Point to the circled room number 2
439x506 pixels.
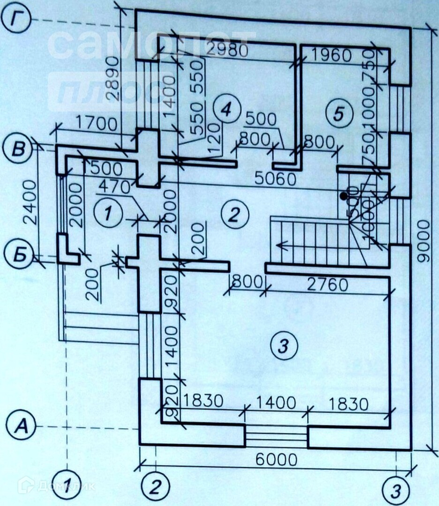coord(233,215)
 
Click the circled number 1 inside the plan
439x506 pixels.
coord(107,214)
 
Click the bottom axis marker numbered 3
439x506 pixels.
coord(396,491)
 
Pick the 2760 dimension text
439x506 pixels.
coord(328,285)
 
